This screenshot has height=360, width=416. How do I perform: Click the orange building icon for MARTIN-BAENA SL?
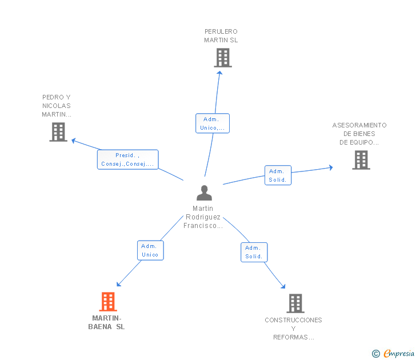[108, 302]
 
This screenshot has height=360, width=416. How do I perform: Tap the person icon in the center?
[204, 193]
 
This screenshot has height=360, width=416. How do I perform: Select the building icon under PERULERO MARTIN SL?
[223, 58]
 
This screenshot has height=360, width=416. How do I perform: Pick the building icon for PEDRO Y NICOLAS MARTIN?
[58, 132]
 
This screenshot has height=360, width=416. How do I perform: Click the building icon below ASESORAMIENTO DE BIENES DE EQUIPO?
[361, 160]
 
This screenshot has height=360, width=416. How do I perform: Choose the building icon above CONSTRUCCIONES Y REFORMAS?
[295, 303]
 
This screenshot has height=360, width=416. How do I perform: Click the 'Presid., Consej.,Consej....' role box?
[127, 159]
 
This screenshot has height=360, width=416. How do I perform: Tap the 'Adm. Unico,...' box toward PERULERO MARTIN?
[213, 123]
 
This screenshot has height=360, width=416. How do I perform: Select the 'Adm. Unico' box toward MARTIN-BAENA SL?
[150, 250]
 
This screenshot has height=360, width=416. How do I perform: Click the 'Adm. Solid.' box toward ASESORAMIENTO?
[278, 175]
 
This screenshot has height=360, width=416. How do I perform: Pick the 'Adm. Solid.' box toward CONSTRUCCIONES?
[254, 253]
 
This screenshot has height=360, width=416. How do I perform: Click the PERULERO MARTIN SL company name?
[221, 36]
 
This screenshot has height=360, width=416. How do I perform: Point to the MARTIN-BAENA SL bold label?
[106, 322]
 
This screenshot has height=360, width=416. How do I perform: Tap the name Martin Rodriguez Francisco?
[203, 217]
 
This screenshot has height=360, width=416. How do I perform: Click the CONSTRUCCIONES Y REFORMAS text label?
[294, 329]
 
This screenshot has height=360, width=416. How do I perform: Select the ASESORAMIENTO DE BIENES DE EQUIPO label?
[359, 134]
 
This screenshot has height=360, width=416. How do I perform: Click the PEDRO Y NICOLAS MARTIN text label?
[57, 106]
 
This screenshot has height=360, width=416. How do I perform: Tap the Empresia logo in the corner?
[393, 353]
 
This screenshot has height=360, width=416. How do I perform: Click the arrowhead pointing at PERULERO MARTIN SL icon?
[219, 73]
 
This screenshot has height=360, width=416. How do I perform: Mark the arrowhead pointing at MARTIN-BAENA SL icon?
[119, 284]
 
